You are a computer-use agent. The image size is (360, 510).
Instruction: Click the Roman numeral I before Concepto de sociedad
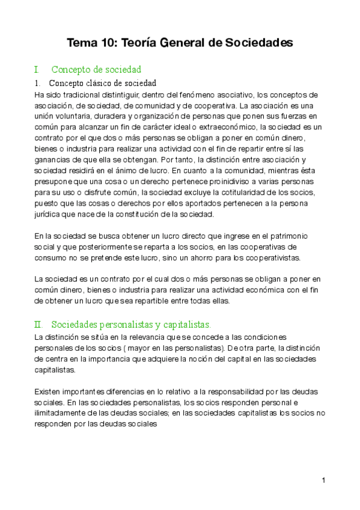[x=37, y=70]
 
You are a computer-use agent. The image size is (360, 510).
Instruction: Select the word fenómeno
[x=197, y=94]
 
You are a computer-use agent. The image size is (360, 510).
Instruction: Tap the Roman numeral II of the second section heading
[x=39, y=325]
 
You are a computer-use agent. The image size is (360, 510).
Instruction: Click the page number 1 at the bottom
[x=323, y=480]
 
